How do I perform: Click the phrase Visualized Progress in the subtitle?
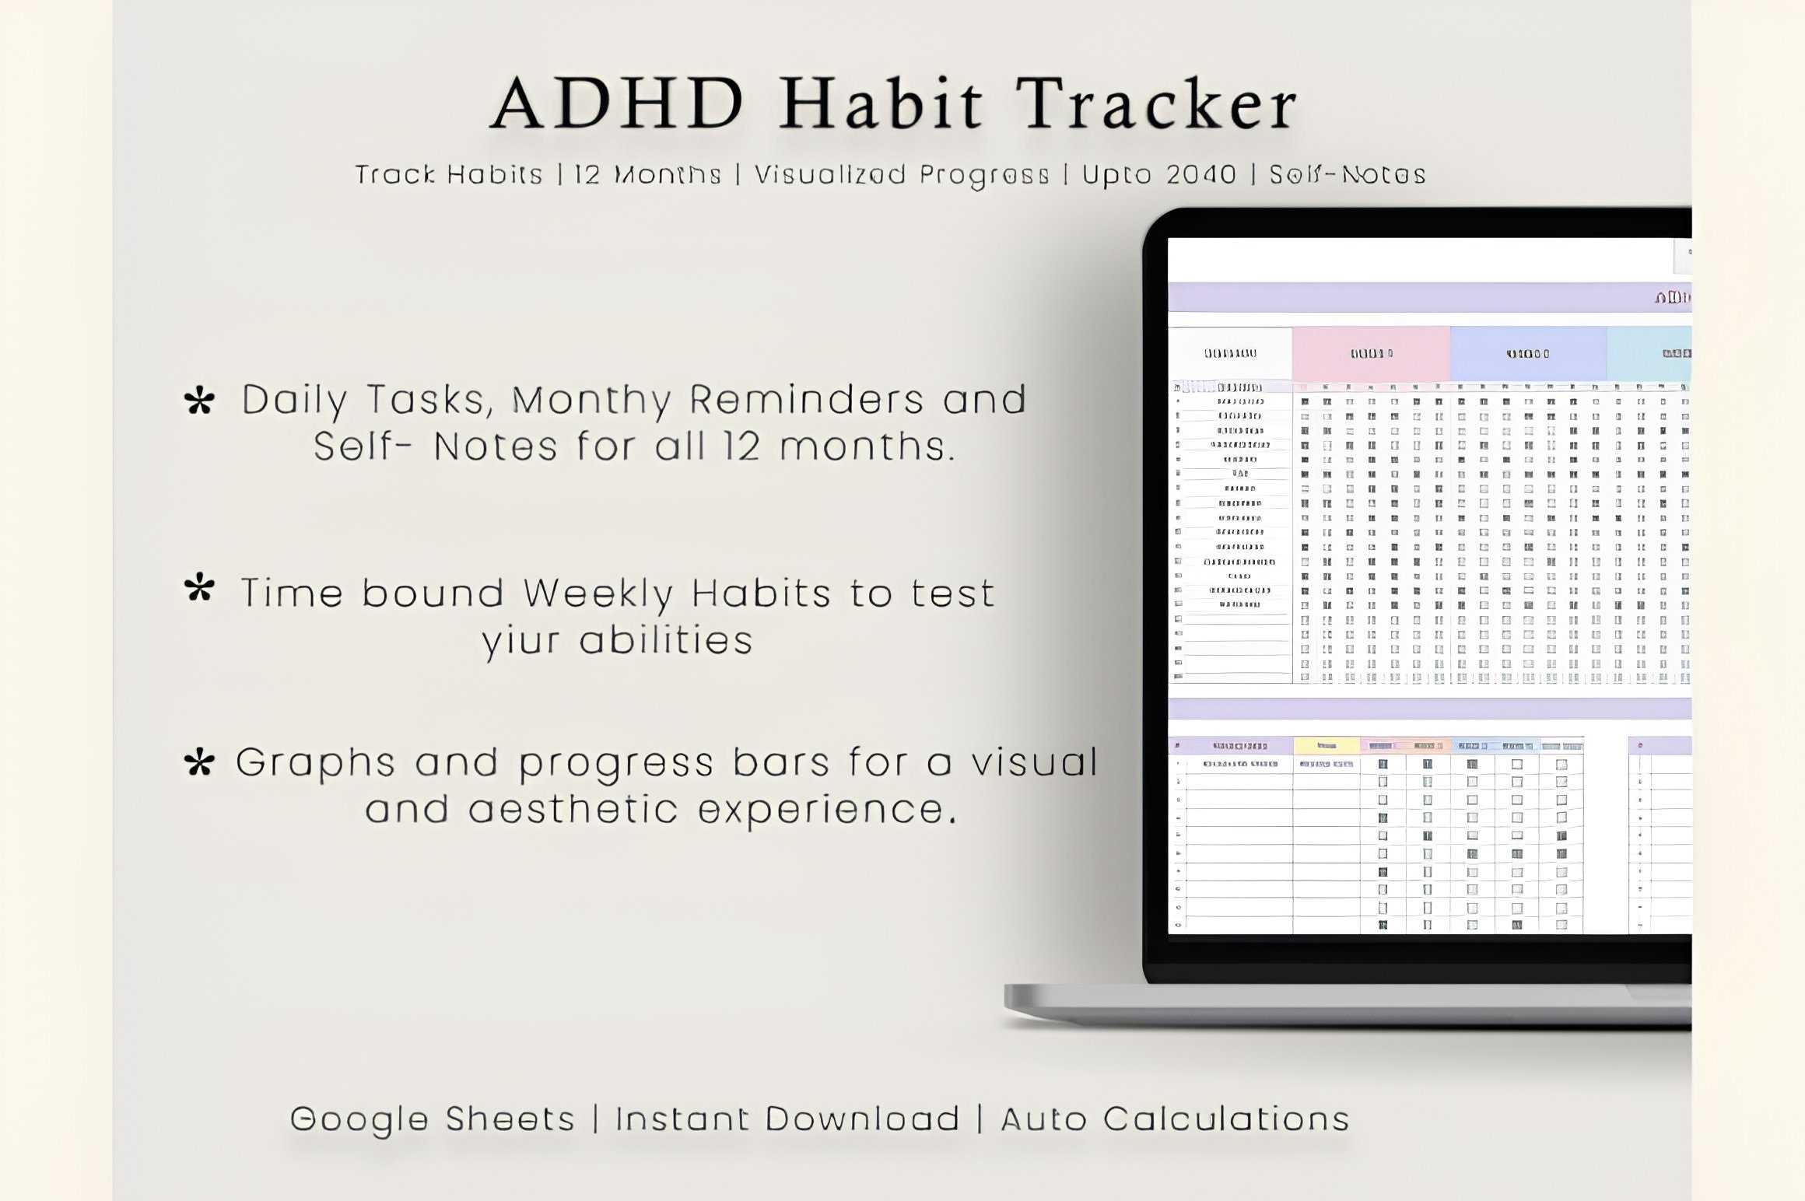click(x=902, y=175)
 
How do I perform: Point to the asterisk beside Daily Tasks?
click(x=199, y=401)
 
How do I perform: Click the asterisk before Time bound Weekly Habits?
click(x=199, y=589)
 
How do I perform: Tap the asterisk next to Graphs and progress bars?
click(x=199, y=763)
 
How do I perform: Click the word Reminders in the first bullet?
click(x=807, y=400)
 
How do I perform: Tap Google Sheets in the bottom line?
click(x=433, y=1119)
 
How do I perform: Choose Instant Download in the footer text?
click(x=787, y=1119)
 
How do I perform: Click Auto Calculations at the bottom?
click(x=1175, y=1119)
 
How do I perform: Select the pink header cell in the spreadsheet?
click(x=1371, y=354)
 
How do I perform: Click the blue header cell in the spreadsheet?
click(x=1527, y=354)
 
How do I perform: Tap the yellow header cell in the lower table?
click(x=1327, y=746)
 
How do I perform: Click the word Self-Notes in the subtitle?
click(x=1348, y=175)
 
